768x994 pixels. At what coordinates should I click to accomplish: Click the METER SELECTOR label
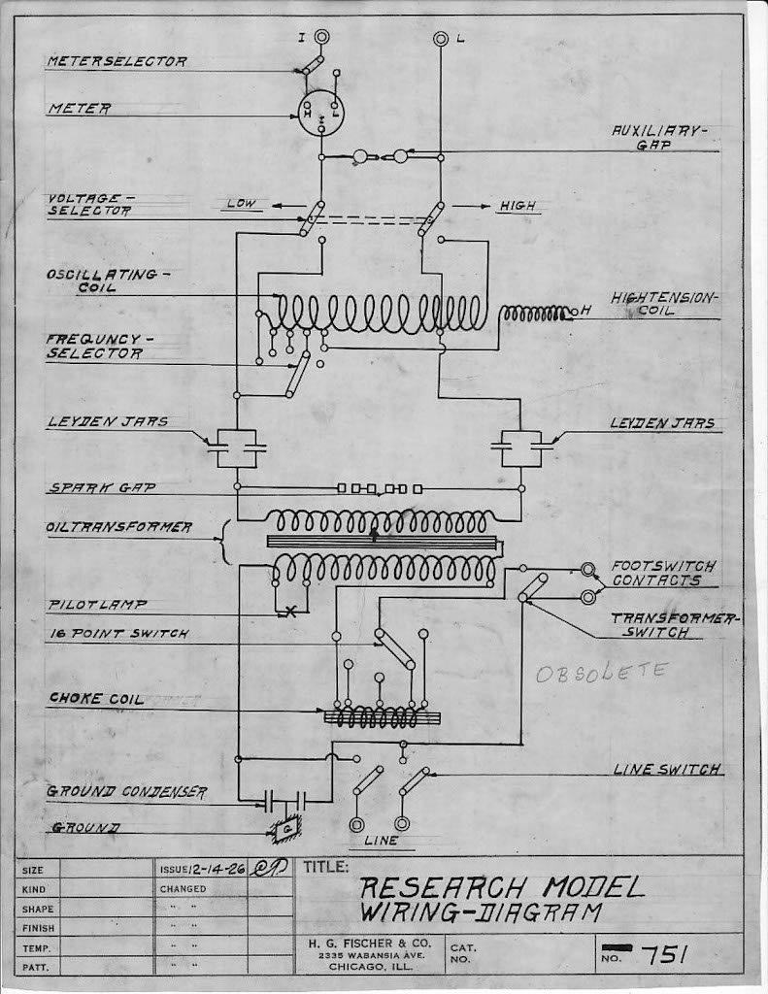117,61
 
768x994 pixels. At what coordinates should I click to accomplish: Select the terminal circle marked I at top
321,37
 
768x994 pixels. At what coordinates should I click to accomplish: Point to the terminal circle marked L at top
441,38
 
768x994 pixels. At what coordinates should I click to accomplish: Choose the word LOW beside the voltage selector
241,204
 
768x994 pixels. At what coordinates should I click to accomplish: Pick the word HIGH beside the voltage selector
517,206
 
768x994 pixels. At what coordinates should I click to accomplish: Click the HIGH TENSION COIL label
665,303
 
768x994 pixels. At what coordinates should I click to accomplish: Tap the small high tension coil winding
536,313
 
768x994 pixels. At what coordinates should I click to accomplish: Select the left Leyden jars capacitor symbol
236,447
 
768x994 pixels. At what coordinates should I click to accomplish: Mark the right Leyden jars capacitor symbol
521,447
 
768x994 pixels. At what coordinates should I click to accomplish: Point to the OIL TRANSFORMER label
119,528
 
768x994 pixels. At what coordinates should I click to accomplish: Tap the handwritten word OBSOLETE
602,671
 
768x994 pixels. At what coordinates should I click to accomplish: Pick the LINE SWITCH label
667,769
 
